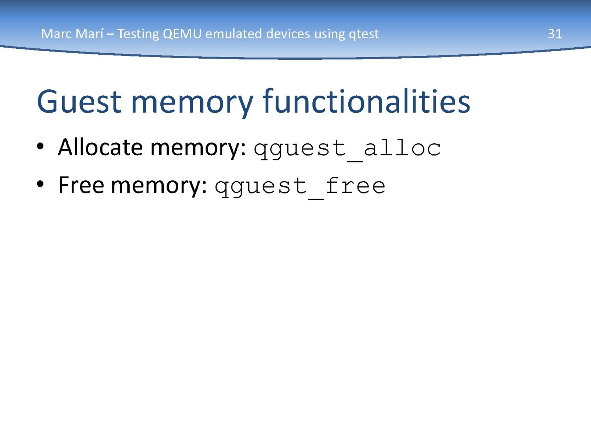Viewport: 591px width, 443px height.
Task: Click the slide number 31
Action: coord(555,34)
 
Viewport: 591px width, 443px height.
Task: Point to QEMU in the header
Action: coord(182,34)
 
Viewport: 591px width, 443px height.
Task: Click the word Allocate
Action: coord(100,147)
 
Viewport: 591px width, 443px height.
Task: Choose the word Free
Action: coord(81,185)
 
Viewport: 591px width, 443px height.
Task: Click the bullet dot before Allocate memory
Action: coord(40,147)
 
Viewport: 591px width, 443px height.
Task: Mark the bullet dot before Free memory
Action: coord(40,184)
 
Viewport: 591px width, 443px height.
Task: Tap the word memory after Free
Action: coord(159,188)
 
